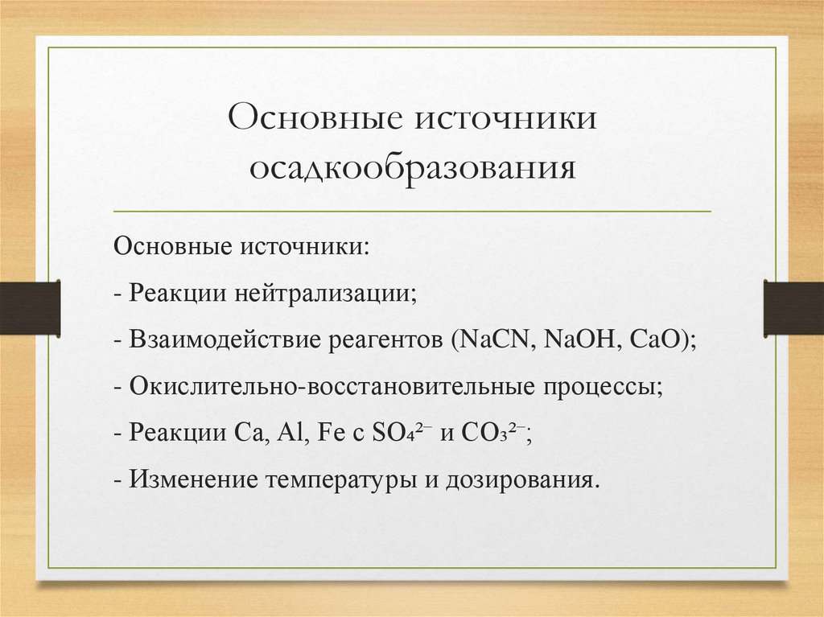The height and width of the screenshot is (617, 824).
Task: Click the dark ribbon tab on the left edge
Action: coord(29,307)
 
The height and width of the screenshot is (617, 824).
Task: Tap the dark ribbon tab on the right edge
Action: coord(793,307)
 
